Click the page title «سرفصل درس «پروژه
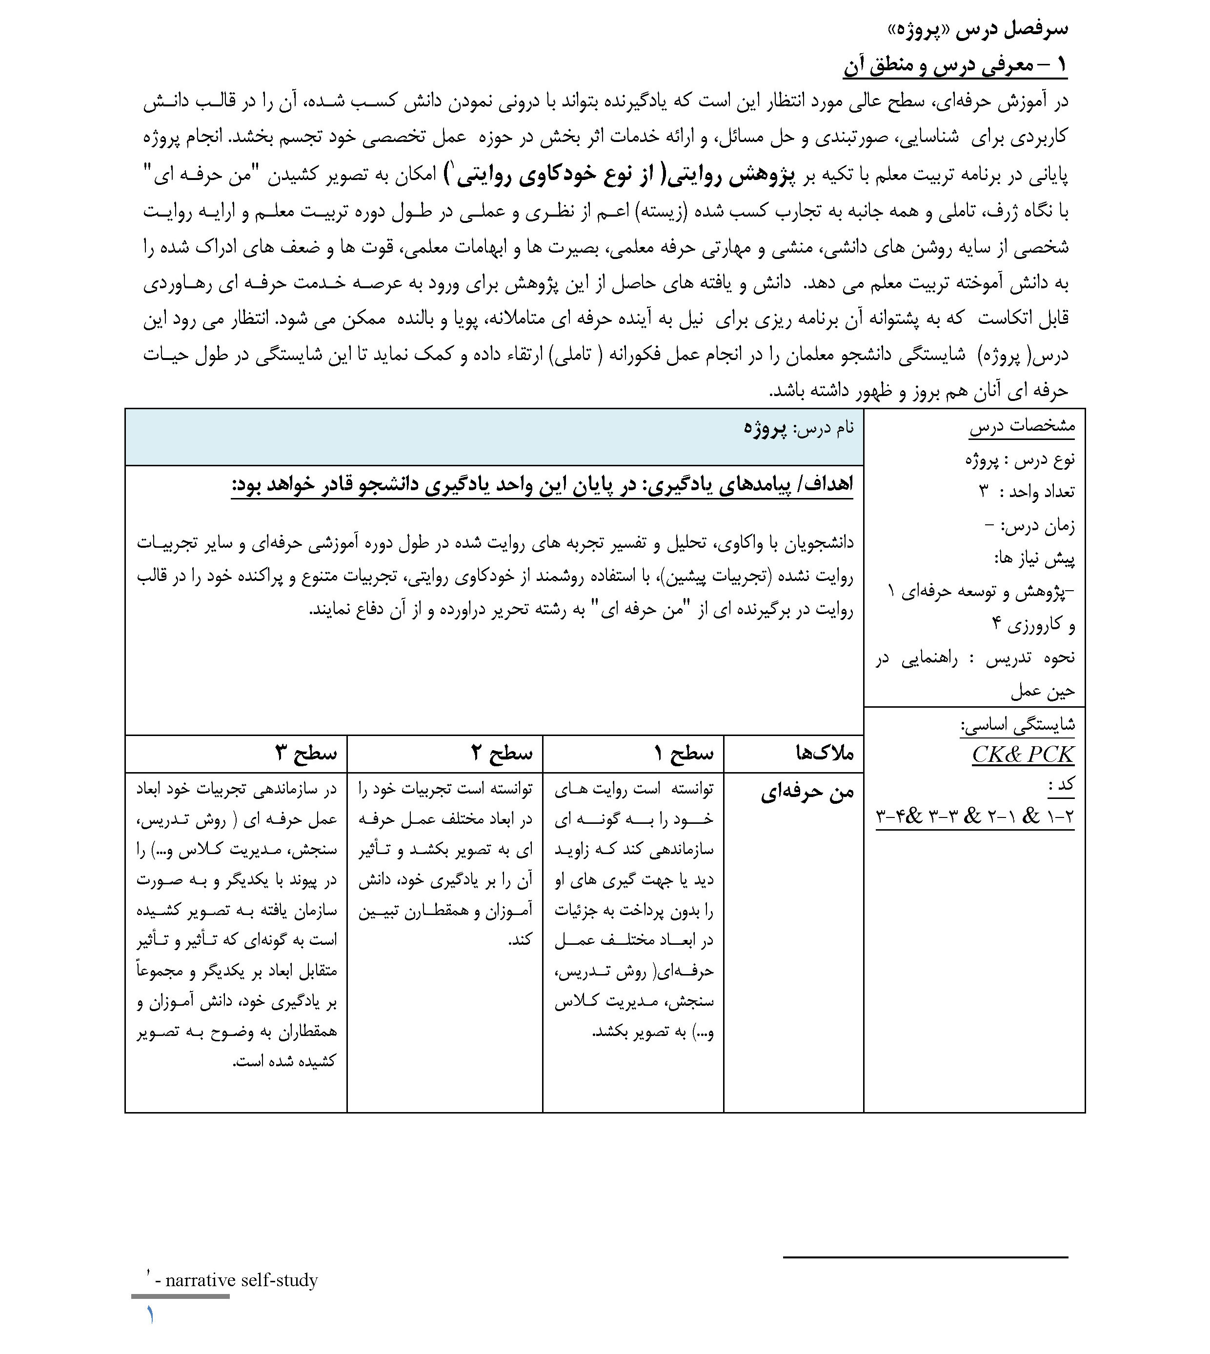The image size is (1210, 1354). pyautogui.click(x=977, y=29)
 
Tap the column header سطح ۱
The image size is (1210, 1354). pyautogui.click(x=684, y=753)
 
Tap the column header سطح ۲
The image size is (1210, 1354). pyautogui.click(x=502, y=753)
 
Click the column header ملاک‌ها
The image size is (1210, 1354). pyautogui.click(x=825, y=753)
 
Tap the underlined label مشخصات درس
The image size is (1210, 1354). pyautogui.click(x=1022, y=426)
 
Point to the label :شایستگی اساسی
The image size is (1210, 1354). pyautogui.click(x=1018, y=724)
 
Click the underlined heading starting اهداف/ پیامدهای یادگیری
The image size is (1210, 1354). pyautogui.click(x=542, y=484)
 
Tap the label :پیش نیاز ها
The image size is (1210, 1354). pyautogui.click(x=1034, y=558)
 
